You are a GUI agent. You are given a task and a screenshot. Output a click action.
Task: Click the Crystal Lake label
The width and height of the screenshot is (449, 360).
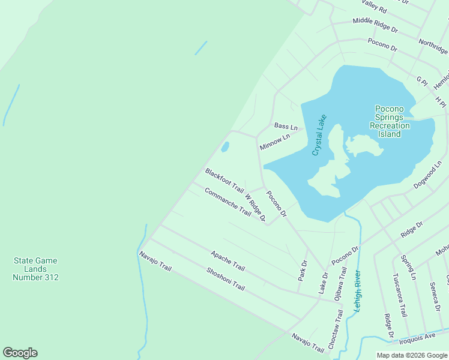319,136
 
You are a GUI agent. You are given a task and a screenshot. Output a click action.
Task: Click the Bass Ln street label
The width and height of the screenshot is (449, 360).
286,127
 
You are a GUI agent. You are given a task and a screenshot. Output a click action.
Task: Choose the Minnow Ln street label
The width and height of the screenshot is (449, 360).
275,142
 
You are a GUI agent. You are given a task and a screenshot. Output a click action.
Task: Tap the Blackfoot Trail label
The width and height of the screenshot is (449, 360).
224,180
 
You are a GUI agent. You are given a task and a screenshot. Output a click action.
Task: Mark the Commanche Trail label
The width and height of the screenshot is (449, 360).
228,202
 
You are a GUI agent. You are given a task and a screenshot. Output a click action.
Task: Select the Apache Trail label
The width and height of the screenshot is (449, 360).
228,260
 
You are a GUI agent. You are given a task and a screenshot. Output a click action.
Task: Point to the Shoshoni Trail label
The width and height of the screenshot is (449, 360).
226,278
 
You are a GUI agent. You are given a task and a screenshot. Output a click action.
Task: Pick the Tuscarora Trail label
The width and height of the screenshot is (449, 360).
400,295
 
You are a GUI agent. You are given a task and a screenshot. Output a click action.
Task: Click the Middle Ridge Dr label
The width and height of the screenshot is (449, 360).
375,24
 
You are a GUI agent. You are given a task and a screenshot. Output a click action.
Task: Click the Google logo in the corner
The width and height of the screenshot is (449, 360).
20,353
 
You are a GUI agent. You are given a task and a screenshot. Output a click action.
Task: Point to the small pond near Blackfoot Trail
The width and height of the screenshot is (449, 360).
225,146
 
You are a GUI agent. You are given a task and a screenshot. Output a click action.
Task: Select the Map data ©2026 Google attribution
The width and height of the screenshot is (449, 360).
412,355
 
